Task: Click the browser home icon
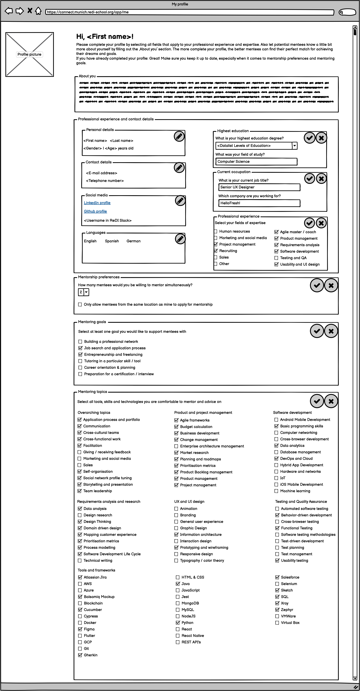(x=38, y=11)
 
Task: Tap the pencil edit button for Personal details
(x=179, y=136)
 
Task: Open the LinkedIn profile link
(x=97, y=203)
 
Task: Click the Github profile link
(x=95, y=211)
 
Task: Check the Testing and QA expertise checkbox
(x=276, y=258)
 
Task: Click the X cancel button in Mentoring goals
(x=331, y=331)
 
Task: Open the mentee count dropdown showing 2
(x=86, y=292)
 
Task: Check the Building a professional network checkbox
(x=80, y=342)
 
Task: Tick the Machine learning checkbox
(x=276, y=491)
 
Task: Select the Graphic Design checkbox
(x=176, y=528)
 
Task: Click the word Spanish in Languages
(x=112, y=241)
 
